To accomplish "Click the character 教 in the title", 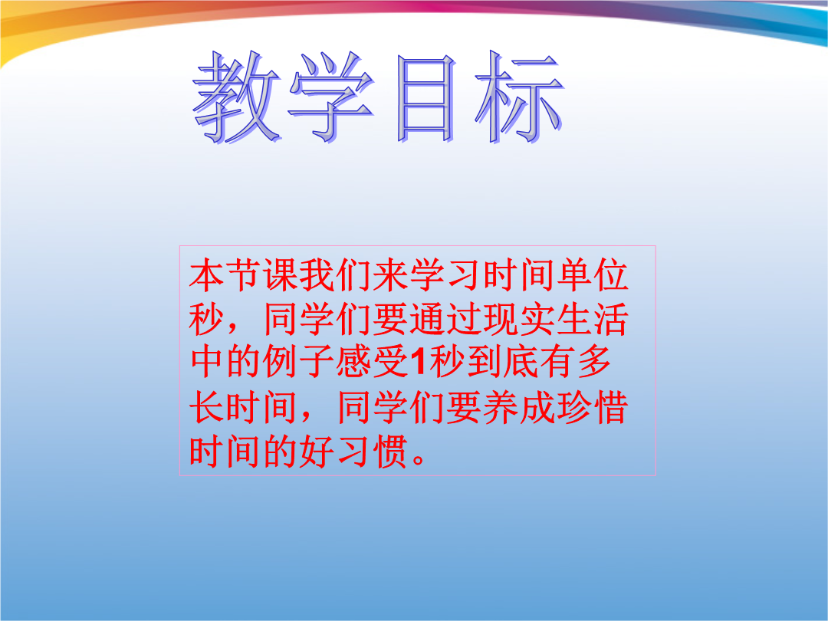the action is click(x=237, y=97).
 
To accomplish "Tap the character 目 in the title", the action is click(x=425, y=98).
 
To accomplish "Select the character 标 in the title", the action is click(x=519, y=97).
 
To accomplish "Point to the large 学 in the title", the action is click(x=331, y=97).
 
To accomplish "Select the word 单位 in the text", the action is click(x=593, y=275).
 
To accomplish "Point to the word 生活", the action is click(x=593, y=320).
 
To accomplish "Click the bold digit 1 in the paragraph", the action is click(x=419, y=362).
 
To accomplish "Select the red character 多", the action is click(x=593, y=362).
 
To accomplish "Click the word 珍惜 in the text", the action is click(x=593, y=407).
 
